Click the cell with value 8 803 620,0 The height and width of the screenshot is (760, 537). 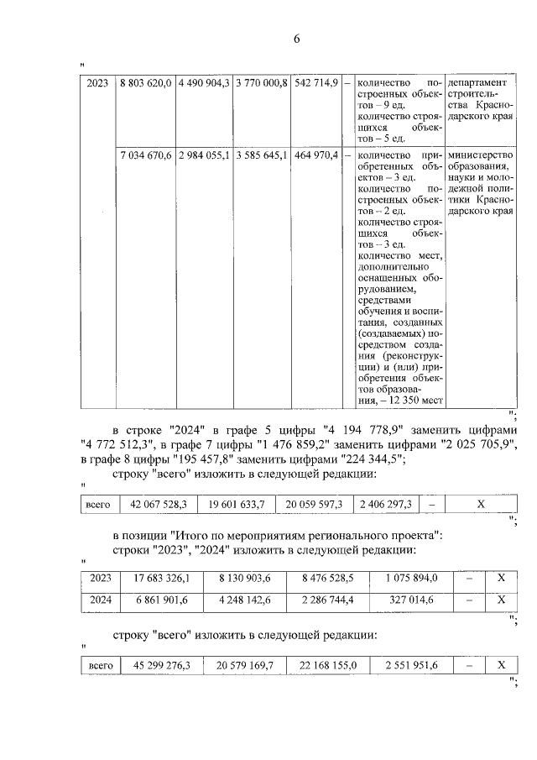(x=145, y=83)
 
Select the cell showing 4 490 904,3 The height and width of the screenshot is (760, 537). (x=203, y=83)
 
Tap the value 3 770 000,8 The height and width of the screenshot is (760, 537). (x=262, y=83)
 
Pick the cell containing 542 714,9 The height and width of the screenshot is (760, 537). (x=316, y=83)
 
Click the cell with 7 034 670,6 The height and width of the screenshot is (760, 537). (x=145, y=155)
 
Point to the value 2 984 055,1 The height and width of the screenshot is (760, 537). (x=203, y=155)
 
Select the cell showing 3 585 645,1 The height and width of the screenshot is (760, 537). (x=262, y=155)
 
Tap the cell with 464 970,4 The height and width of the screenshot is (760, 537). (x=316, y=155)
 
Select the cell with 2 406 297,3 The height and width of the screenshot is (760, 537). (x=384, y=504)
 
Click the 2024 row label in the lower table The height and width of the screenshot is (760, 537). (x=99, y=600)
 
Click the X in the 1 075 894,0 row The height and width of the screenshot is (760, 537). (x=500, y=579)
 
